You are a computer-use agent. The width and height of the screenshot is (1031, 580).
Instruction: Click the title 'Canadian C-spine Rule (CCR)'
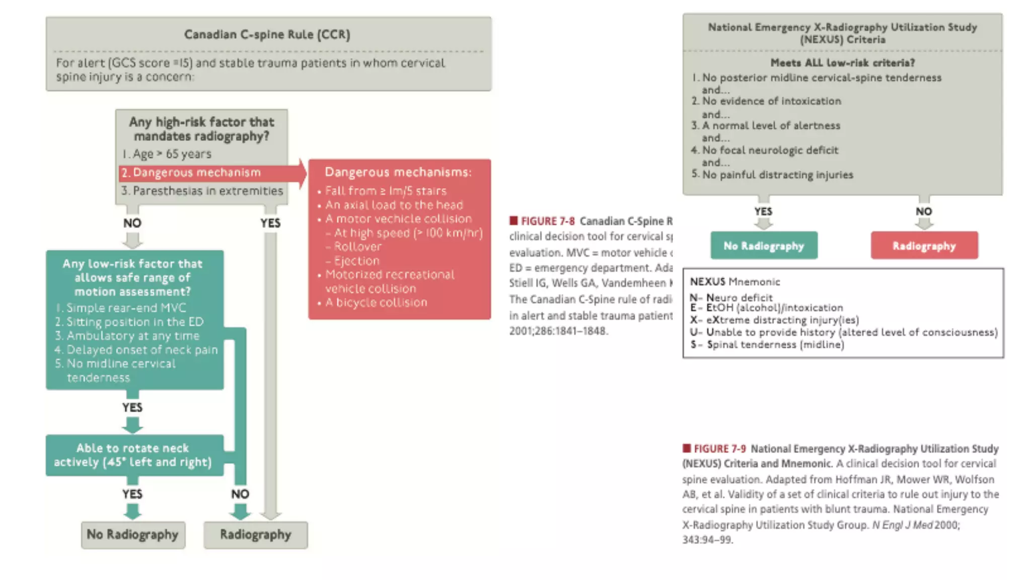pyautogui.click(x=267, y=34)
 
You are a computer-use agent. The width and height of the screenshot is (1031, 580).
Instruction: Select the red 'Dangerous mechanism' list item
pyautogui.click(x=197, y=173)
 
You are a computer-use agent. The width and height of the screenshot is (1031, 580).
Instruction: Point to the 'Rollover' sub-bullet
pyautogui.click(x=357, y=247)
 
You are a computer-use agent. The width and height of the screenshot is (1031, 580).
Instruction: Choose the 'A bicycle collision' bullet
pyautogui.click(x=376, y=303)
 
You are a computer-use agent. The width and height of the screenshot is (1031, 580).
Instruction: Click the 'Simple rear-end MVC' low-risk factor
pyautogui.click(x=126, y=308)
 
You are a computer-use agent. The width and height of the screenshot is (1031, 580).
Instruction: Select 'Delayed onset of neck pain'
pyautogui.click(x=142, y=349)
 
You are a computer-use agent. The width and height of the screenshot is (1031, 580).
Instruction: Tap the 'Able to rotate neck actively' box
pyautogui.click(x=133, y=455)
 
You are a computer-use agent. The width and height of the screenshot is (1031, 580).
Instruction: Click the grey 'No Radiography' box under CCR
pyautogui.click(x=133, y=534)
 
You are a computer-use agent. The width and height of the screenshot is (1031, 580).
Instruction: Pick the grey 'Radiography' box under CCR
pyautogui.click(x=255, y=534)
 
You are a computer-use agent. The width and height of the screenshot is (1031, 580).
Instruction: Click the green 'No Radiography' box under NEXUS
pyautogui.click(x=764, y=246)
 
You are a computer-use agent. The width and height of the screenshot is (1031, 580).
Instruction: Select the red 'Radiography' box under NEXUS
pyautogui.click(x=924, y=246)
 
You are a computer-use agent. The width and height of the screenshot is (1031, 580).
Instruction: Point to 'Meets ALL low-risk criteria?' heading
pyautogui.click(x=842, y=63)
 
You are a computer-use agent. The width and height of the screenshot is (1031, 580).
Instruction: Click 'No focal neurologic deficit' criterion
pyautogui.click(x=770, y=150)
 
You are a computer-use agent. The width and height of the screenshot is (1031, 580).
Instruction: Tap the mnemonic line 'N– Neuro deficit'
pyautogui.click(x=731, y=297)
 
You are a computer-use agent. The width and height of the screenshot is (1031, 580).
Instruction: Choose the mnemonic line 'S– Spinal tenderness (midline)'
pyautogui.click(x=768, y=345)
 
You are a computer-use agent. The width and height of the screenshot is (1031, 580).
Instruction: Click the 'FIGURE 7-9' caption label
pyautogui.click(x=719, y=449)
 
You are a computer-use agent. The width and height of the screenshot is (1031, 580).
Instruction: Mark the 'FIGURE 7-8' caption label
pyautogui.click(x=547, y=221)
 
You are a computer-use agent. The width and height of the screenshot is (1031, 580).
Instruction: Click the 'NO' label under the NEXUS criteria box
pyautogui.click(x=924, y=211)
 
